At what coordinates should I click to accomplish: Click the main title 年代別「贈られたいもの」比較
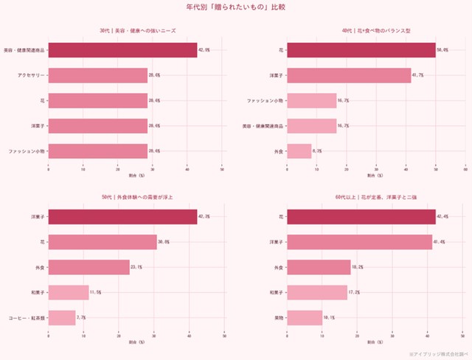tap(235, 7)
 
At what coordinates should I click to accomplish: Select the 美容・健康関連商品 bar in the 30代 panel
tap(122, 50)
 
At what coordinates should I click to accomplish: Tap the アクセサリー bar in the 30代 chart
tap(98, 75)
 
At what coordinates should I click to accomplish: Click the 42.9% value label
tap(204, 50)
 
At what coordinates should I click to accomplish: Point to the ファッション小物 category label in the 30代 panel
tap(27, 150)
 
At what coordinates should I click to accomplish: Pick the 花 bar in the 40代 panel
tap(361, 50)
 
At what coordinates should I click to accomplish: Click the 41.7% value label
tap(419, 75)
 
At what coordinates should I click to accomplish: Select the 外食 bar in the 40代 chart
tap(299, 150)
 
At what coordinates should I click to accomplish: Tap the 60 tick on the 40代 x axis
tap(465, 169)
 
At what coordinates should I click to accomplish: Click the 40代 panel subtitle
tap(375, 30)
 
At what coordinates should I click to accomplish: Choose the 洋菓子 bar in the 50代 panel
tap(122, 216)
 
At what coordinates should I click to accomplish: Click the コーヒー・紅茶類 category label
tap(27, 317)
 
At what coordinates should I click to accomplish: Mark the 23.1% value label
tap(137, 267)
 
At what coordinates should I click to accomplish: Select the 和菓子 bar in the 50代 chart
tap(69, 292)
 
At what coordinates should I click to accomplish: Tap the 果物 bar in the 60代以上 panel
tap(304, 317)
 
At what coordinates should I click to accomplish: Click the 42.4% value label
tap(442, 216)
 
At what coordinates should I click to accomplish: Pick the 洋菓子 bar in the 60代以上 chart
tap(359, 241)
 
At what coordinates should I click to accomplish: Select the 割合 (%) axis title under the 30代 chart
tap(136, 175)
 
